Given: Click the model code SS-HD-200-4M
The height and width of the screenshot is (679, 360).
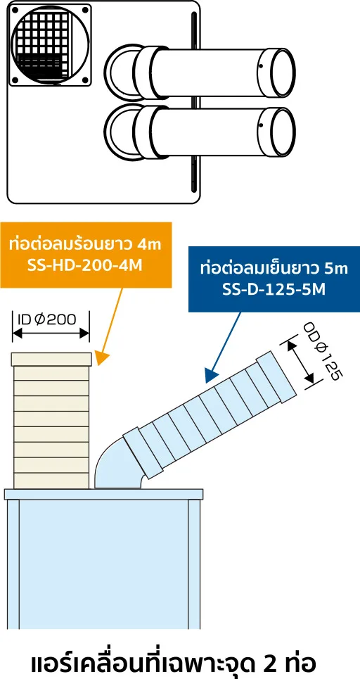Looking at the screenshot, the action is pyautogui.click(x=85, y=265).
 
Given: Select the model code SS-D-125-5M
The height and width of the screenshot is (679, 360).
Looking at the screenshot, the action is pyautogui.click(x=274, y=288).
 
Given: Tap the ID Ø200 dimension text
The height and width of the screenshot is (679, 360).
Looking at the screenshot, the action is pyautogui.click(x=47, y=319).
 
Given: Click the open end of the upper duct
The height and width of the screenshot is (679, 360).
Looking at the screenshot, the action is pyautogui.click(x=283, y=72).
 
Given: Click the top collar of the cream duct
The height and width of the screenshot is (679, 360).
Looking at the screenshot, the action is pyautogui.click(x=51, y=360).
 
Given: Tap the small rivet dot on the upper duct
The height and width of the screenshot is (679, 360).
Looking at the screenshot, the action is pyautogui.click(x=262, y=67).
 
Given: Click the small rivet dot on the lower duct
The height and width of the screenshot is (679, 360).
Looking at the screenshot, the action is pyautogui.click(x=262, y=126).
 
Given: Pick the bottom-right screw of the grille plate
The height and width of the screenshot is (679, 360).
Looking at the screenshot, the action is pyautogui.click(x=85, y=80).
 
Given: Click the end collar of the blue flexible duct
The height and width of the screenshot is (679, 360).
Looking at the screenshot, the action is pyautogui.click(x=276, y=376).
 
